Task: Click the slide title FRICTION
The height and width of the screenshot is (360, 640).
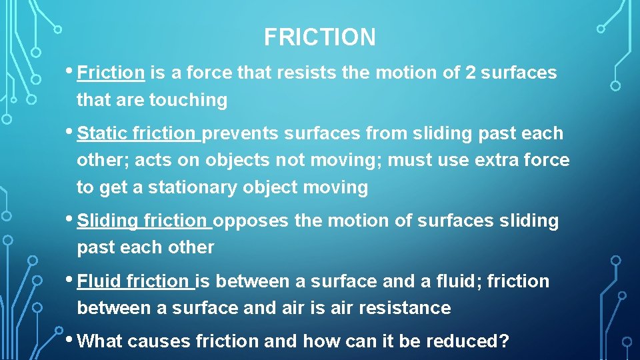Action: click(319, 37)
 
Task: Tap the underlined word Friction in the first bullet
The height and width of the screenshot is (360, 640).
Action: click(111, 73)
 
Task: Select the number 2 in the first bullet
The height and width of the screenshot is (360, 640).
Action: click(471, 73)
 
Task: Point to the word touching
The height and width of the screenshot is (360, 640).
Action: click(188, 100)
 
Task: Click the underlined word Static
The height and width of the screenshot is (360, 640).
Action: click(102, 133)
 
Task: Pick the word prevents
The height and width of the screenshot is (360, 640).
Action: click(240, 133)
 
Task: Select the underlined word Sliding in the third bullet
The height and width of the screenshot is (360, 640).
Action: click(107, 221)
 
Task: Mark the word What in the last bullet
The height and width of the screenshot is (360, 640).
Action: click(99, 341)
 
